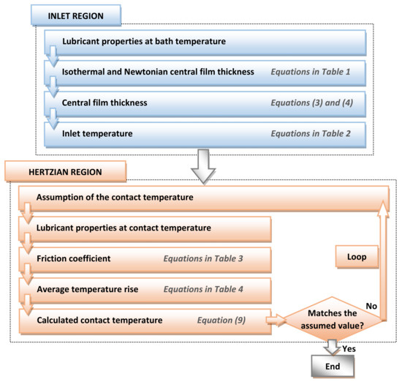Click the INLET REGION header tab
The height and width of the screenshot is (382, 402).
coord(72,14)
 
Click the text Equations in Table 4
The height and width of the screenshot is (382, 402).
coord(199,289)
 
